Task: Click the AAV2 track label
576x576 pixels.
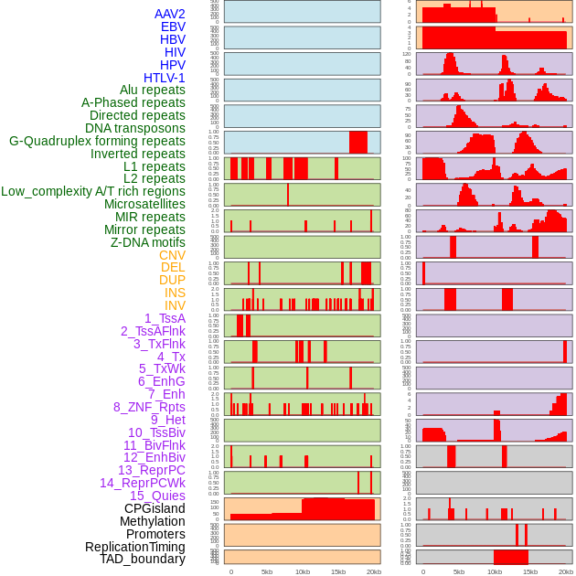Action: (169, 14)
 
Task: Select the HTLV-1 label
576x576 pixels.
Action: (164, 78)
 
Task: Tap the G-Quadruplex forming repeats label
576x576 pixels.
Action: (97, 141)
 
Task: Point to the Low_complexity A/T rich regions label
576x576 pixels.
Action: (93, 191)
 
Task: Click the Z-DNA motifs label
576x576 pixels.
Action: (147, 242)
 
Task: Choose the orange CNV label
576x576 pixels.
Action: (172, 255)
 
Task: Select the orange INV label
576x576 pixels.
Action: (175, 305)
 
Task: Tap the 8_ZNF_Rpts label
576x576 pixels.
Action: (149, 407)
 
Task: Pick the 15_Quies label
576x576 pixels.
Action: (157, 496)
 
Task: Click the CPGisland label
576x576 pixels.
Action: (155, 508)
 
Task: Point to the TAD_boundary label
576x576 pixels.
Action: (143, 559)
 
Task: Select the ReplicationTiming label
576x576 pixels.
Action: (134, 547)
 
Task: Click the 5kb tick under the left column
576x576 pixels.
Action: (267, 571)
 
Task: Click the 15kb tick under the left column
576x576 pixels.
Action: (337, 571)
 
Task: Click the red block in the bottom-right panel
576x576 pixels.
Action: (510, 557)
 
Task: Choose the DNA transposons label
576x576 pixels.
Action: (135, 128)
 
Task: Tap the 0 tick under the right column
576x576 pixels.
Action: (422, 571)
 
